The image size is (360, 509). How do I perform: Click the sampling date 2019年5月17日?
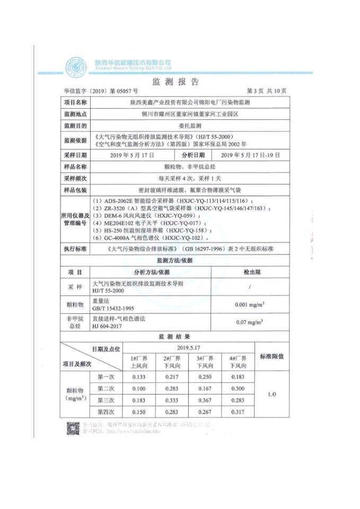(x=133, y=155)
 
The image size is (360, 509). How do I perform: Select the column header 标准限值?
(x=272, y=356)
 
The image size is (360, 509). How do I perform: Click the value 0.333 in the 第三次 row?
(x=170, y=400)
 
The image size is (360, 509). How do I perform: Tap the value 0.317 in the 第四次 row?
(x=237, y=412)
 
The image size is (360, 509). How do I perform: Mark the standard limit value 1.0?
(x=272, y=394)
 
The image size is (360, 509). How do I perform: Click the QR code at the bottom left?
(x=72, y=428)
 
